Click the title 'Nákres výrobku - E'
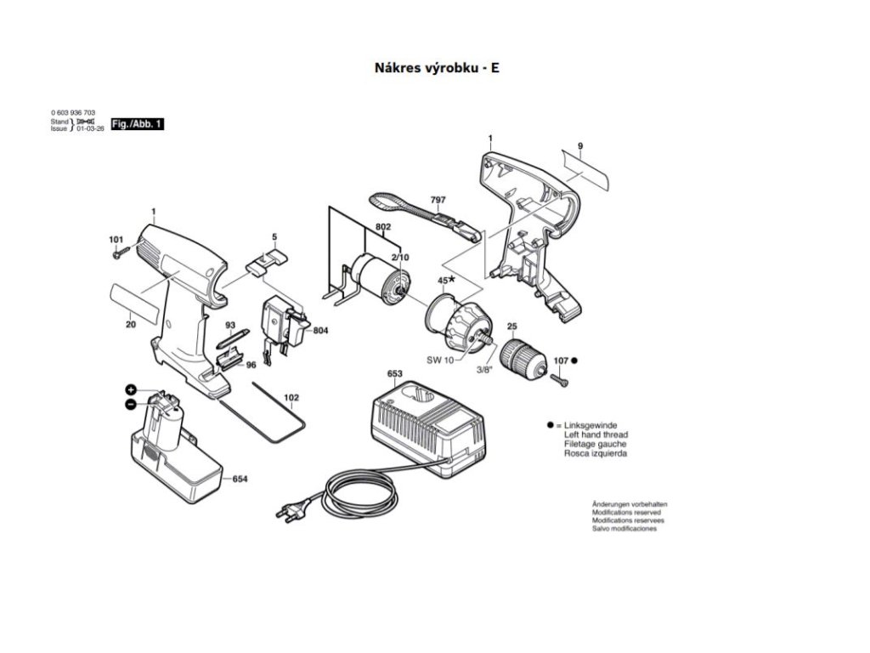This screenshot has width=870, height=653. coord(437,67)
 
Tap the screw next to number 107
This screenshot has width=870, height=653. coord(562,381)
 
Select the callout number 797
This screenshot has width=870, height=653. coord(438,201)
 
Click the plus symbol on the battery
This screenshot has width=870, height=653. coord(131,389)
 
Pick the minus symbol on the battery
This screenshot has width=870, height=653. coord(131,405)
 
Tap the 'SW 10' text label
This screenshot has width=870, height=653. coord(441,360)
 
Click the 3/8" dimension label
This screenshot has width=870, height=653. coord(483,369)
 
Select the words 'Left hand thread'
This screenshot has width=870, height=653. coord(596,434)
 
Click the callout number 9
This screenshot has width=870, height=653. coord(580,147)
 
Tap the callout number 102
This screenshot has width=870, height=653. coord(291,396)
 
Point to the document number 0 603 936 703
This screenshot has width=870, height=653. coord(73,113)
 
